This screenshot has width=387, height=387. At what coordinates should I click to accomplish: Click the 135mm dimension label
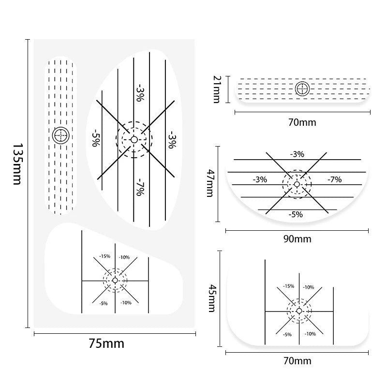[17, 164]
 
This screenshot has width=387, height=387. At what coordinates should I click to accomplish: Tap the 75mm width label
[106, 343]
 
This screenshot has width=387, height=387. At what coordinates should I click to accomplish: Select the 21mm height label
[217, 89]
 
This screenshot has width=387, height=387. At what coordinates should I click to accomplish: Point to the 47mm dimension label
[210, 183]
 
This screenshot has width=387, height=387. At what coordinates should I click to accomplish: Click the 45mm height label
[212, 298]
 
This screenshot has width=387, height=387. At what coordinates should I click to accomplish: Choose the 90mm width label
[297, 239]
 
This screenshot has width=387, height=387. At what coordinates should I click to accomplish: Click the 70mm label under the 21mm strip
[302, 122]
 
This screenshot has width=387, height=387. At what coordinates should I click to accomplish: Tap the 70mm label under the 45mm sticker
[297, 361]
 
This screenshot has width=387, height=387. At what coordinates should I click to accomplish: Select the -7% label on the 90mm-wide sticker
[334, 179]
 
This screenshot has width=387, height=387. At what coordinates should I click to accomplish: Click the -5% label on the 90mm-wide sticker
[296, 214]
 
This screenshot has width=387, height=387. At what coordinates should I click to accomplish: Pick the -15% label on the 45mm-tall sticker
[288, 286]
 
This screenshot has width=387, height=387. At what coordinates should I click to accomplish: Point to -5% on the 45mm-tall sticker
[287, 334]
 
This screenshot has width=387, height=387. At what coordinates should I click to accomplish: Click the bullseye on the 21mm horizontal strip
[302, 89]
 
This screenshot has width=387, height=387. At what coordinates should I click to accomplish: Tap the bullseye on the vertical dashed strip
[61, 135]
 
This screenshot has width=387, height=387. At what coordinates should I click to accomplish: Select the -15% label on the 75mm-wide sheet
[104, 256]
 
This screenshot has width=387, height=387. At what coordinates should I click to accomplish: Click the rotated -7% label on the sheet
[140, 187]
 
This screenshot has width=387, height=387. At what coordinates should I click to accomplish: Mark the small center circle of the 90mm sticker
[297, 184]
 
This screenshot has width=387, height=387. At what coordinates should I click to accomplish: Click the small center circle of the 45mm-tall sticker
[299, 311]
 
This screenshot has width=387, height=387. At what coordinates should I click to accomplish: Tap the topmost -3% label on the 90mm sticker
[297, 154]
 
